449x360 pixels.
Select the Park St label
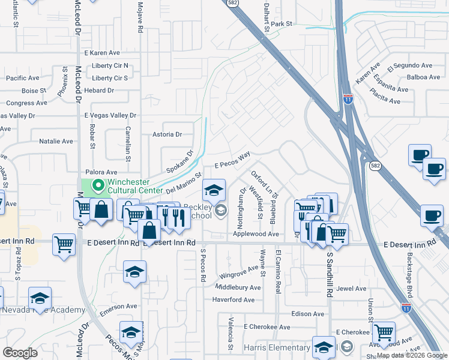point(281,24)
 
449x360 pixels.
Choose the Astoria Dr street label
point(166,134)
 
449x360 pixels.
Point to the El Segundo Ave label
point(410,66)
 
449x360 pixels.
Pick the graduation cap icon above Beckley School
point(214,191)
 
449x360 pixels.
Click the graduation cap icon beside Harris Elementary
point(324,347)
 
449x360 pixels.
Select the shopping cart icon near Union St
point(384,332)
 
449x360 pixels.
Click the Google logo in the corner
point(20,353)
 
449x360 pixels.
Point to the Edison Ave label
point(307,314)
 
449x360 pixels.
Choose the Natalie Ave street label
point(56,142)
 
